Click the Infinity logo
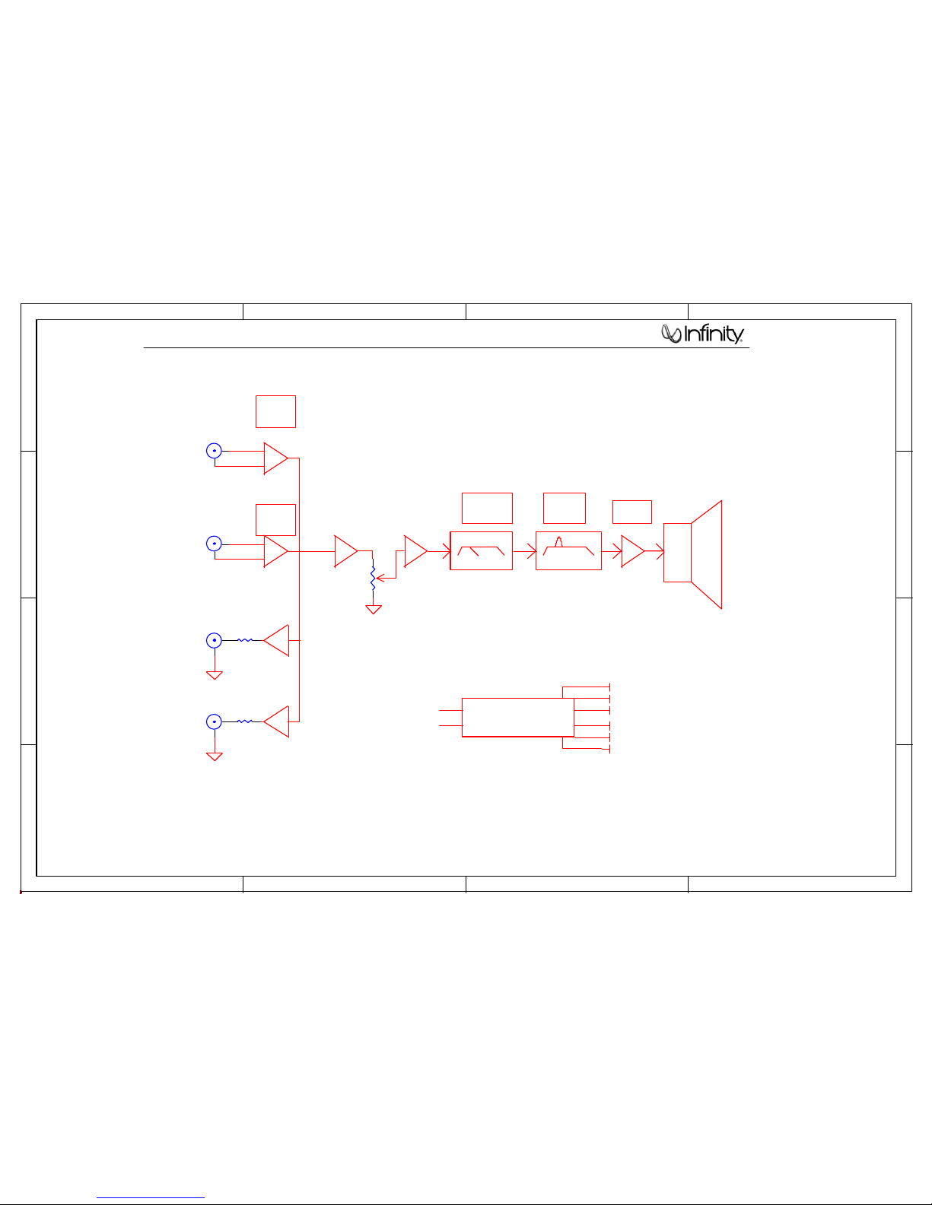(701, 333)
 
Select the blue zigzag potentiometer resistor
(373, 579)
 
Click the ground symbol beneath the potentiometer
(374, 610)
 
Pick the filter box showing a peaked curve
(568, 550)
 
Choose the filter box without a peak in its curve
(481, 550)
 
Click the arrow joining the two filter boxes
(524, 551)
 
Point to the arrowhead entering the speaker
(660, 551)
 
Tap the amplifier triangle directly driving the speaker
(632, 551)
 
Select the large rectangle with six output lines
(517, 717)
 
